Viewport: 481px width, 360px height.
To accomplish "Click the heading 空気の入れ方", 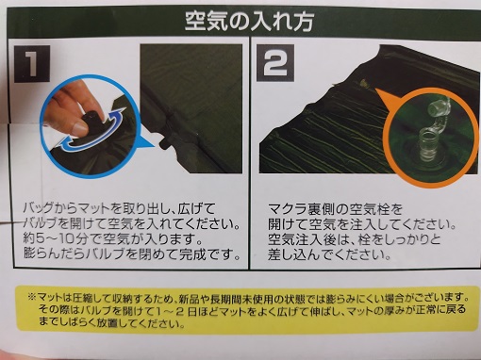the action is coord(249,22).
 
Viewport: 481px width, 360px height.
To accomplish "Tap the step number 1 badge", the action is coord(31,64).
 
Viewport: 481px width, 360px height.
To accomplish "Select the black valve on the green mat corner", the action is coord(165,141).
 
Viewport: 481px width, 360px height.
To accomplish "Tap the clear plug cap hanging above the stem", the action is coord(439,106).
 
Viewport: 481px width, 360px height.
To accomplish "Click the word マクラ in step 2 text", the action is coord(289,209).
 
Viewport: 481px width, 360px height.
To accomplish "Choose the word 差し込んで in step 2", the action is coord(302,254).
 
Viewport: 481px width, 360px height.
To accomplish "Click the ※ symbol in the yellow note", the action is coord(31,297).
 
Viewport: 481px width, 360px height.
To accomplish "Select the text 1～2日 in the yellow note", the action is coord(176,310).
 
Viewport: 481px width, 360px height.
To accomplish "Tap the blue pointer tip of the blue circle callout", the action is coord(154,146).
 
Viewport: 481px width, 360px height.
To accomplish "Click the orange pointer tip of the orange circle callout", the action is coord(375,89).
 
